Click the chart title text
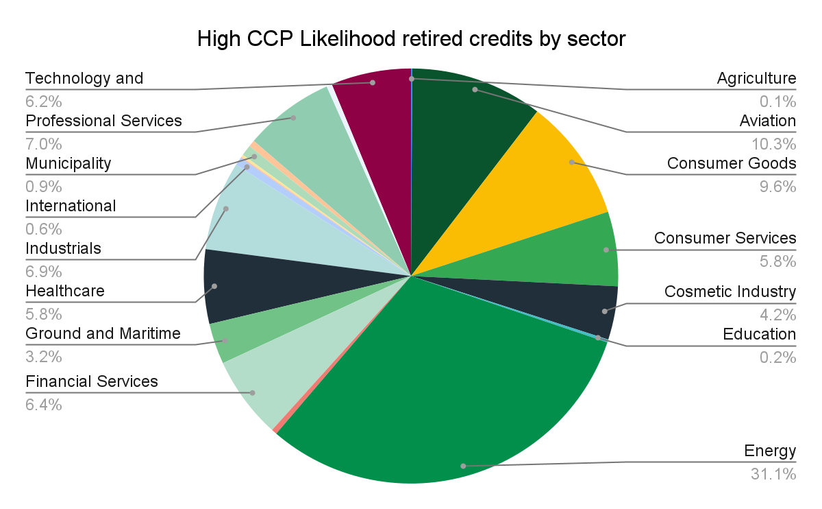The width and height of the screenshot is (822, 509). click(x=411, y=39)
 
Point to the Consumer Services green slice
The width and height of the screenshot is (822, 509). click(x=575, y=250)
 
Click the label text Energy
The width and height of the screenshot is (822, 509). click(x=770, y=451)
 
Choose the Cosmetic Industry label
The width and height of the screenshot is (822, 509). click(x=730, y=292)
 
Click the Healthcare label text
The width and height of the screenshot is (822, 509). click(x=65, y=291)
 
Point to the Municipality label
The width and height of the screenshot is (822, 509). click(x=68, y=163)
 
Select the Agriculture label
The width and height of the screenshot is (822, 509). click(x=756, y=78)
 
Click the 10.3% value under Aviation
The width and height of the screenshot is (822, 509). click(x=774, y=144)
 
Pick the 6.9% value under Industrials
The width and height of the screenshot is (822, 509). click(x=44, y=272)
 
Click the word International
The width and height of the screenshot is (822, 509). click(x=71, y=206)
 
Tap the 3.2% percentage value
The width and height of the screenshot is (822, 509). click(x=44, y=357)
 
